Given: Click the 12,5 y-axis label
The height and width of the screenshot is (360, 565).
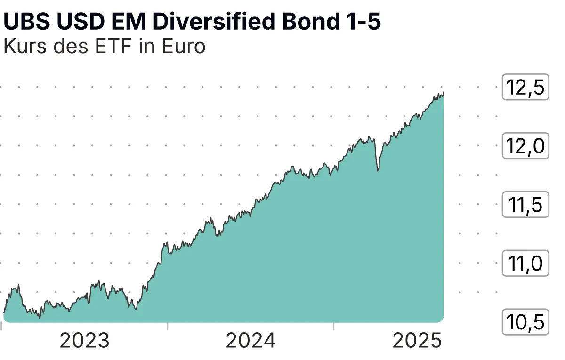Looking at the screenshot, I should click(525, 88).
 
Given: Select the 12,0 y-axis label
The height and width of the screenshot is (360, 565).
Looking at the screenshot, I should click(525, 146).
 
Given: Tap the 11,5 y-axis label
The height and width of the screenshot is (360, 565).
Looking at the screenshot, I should click(525, 205).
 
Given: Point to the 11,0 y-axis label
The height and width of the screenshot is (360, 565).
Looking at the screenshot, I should click(525, 264).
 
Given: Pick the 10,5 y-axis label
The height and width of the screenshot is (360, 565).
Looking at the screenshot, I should click(525, 323).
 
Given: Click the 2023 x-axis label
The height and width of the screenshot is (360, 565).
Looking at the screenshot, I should click(85, 341).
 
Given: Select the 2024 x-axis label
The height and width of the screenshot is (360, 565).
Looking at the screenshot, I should click(250, 341).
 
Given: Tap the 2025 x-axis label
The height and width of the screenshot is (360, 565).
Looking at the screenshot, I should click(417, 341).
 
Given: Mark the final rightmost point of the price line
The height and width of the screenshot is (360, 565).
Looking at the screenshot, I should click(444, 93).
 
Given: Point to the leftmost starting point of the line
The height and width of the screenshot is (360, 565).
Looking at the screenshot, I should click(4, 312).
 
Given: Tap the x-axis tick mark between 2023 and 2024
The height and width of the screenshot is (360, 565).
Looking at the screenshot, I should click(168, 326).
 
